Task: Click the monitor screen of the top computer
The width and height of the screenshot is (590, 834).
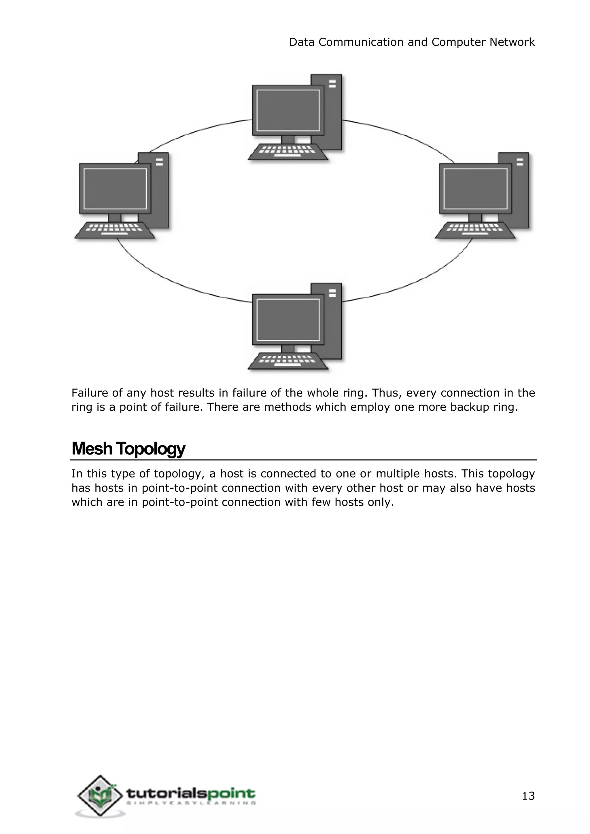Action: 288,110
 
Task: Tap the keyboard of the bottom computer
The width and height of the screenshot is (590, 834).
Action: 288,361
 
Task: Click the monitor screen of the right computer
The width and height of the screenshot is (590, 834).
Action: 476,189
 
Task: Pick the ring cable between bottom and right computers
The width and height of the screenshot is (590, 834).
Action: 418,282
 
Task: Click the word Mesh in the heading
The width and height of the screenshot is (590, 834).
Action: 92,449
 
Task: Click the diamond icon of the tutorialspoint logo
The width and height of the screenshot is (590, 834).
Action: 100,796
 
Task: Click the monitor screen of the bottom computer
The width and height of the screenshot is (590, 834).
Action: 288,320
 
